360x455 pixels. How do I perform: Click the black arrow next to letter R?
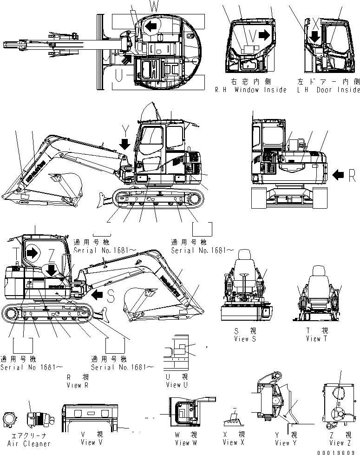(339, 175)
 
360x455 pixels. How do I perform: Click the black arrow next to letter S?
(98, 295)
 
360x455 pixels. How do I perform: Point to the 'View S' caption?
(246, 339)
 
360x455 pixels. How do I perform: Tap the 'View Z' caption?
(337, 443)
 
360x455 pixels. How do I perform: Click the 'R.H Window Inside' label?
(250, 90)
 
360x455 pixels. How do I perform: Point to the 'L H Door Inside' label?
(328, 90)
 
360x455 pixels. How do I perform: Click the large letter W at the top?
(153, 6)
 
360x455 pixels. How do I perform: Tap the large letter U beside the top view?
(119, 74)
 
